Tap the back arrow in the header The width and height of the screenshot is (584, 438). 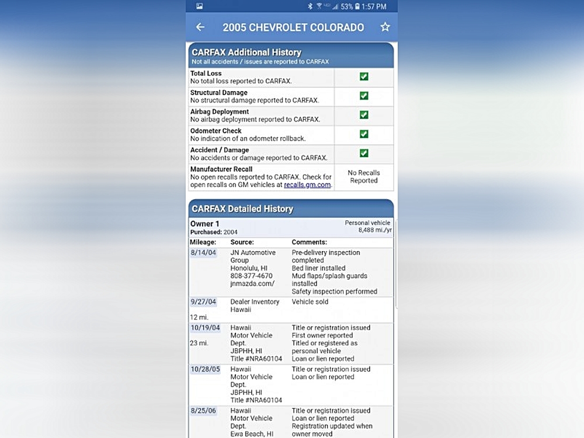tap(200, 27)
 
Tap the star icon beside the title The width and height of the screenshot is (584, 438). tap(385, 27)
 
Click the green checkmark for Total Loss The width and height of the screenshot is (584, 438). tap(364, 77)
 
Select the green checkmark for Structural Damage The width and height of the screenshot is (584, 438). tap(364, 96)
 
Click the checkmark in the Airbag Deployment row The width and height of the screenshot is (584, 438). tap(364, 115)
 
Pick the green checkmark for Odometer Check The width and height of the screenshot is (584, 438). tap(364, 134)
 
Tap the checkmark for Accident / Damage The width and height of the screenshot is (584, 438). tap(364, 154)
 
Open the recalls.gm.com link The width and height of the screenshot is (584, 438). tap(308, 185)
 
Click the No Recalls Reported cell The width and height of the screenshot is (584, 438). tap(364, 177)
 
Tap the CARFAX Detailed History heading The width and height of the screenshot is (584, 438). tap(242, 208)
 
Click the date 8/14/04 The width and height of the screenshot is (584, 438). tap(203, 253)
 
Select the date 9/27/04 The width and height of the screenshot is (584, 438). tap(203, 302)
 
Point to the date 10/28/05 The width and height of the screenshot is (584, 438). tap(204, 369)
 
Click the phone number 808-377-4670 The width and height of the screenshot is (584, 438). tap(251, 276)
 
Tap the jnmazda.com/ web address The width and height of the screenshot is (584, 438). tap(252, 284)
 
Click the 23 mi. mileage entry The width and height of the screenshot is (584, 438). tap(199, 343)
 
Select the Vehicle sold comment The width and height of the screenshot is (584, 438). tap(310, 302)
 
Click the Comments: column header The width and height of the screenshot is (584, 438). tap(309, 242)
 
